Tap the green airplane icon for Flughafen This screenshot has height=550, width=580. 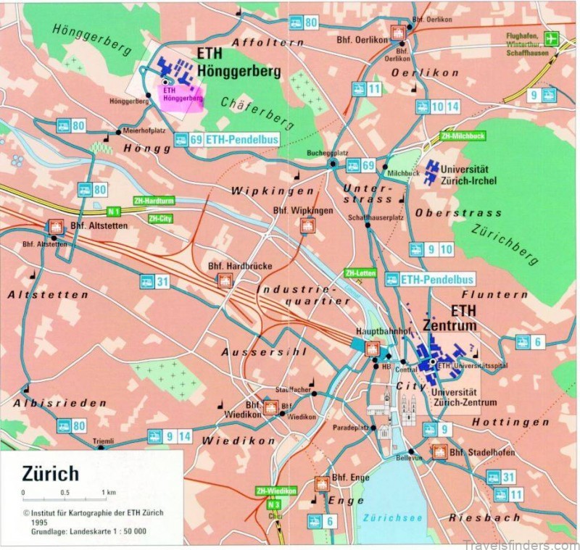(553, 38)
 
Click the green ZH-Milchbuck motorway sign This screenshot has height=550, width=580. (463, 136)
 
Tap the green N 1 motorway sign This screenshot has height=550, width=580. (112, 211)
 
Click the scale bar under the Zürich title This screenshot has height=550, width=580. (65, 499)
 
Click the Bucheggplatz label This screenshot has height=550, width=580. (328, 154)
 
